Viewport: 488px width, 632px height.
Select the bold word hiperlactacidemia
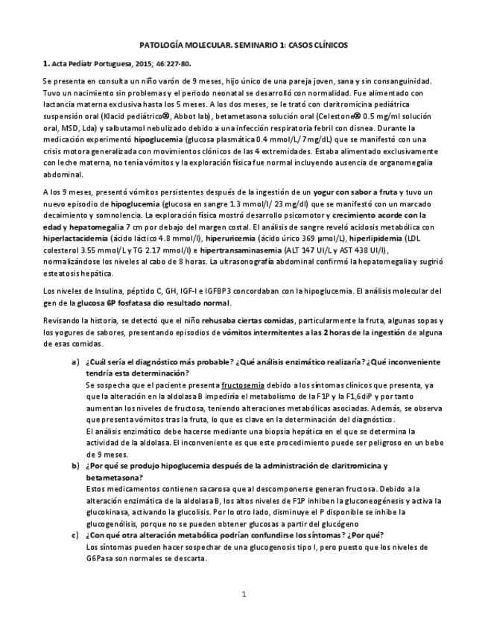click(x=75, y=231)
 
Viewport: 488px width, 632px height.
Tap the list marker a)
click(x=75, y=361)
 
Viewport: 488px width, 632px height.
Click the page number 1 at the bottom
click(x=243, y=594)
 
